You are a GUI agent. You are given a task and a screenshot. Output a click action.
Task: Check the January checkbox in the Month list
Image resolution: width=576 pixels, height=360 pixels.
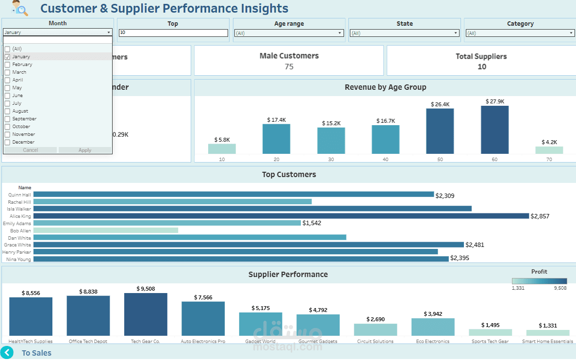click(7, 57)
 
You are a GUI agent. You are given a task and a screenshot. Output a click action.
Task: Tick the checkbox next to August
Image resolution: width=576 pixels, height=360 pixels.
click(7, 111)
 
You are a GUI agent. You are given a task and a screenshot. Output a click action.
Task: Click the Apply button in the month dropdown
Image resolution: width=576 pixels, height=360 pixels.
click(85, 150)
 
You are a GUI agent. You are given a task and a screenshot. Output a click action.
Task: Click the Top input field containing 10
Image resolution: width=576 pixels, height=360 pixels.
click(173, 33)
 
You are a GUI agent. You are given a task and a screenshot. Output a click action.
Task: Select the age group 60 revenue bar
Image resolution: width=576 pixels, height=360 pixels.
click(495, 130)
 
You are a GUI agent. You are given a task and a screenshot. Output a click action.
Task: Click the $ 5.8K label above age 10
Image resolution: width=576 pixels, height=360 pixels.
click(222, 140)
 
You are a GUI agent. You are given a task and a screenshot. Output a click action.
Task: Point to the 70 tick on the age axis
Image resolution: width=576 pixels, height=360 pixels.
click(549, 160)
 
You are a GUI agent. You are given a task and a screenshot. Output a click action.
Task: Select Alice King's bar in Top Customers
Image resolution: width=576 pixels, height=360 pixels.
click(281, 216)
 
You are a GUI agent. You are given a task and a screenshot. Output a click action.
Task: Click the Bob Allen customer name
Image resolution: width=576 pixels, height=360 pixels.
click(20, 231)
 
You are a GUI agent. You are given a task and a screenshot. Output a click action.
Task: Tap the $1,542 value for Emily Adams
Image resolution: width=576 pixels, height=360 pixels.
click(312, 223)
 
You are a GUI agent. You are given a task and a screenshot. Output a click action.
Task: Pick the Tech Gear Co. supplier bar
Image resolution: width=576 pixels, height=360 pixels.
click(146, 314)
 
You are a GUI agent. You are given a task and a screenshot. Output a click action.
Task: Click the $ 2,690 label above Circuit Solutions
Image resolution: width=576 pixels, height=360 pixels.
click(375, 319)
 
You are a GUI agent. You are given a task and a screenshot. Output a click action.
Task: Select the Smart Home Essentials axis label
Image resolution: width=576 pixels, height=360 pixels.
click(547, 342)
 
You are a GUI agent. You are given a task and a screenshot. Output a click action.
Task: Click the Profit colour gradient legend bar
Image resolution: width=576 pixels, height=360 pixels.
click(539, 281)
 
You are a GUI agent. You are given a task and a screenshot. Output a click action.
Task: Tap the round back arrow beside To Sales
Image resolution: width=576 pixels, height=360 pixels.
click(7, 353)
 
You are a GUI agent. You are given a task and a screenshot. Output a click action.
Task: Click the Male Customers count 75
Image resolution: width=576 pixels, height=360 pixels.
click(289, 67)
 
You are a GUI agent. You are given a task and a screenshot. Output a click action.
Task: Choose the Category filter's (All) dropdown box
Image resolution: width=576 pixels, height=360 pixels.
click(520, 33)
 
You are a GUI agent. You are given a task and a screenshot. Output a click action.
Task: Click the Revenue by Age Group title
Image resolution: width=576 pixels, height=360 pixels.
click(385, 87)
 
